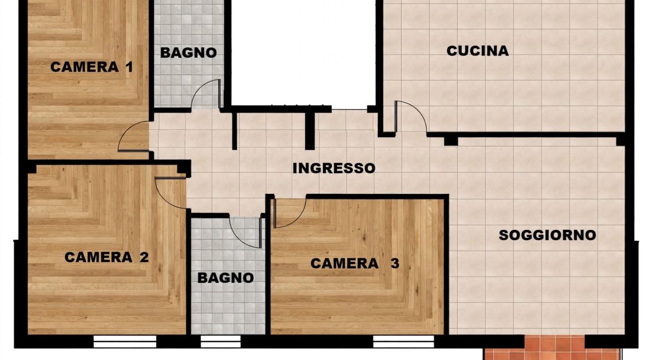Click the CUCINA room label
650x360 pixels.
(478, 51)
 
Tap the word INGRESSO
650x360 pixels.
(334, 168)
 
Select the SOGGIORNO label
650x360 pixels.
(547, 235)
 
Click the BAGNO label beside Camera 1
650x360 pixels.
(189, 53)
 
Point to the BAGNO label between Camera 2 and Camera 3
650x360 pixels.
(226, 277)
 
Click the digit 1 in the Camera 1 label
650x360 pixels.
(129, 67)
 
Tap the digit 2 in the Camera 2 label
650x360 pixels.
(144, 257)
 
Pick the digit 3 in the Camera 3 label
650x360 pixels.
(395, 263)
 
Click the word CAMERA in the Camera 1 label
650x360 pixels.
(84, 67)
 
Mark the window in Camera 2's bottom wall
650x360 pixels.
(125, 341)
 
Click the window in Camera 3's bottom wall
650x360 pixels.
(403, 341)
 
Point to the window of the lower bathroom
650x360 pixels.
(221, 341)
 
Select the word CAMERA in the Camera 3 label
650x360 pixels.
(344, 263)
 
